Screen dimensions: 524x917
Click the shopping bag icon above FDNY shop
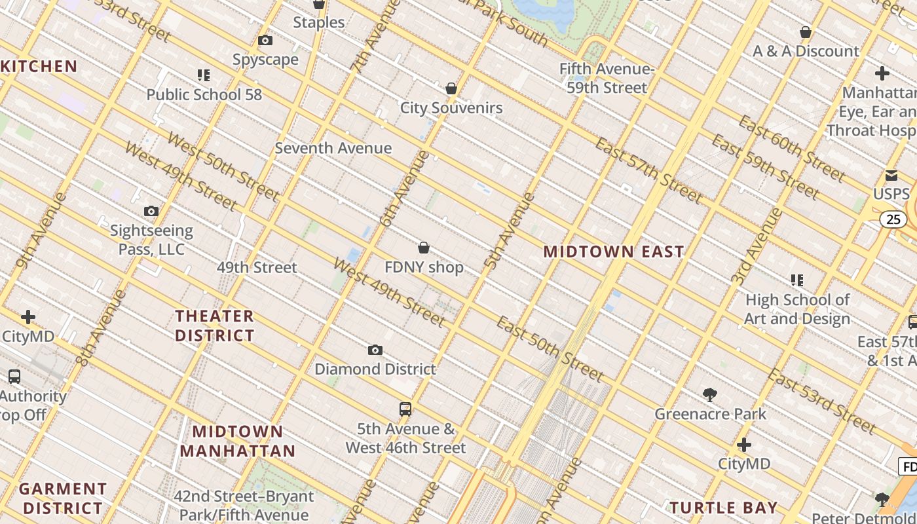click(x=424, y=248)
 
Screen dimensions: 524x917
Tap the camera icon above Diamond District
click(x=375, y=350)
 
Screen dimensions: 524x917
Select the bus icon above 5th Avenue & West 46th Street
click(x=405, y=409)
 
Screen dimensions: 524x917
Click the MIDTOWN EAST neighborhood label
click(x=614, y=252)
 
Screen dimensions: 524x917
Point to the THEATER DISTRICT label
click(x=214, y=326)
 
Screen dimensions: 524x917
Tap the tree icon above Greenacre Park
click(x=710, y=394)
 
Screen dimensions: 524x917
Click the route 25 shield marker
click(x=893, y=219)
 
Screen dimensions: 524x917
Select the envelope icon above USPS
click(x=891, y=175)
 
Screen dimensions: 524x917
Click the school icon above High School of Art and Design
click(x=797, y=280)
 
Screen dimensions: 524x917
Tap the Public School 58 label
click(x=204, y=94)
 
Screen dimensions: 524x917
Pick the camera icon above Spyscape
click(x=265, y=41)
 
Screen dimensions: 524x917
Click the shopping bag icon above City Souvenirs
click(x=451, y=88)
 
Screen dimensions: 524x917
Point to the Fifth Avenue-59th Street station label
click(x=607, y=78)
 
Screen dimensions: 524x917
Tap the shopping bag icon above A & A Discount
click(x=806, y=32)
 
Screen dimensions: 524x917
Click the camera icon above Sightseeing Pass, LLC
click(x=151, y=211)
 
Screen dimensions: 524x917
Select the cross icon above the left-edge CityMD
click(x=28, y=318)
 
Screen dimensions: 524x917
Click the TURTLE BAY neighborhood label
click(x=723, y=508)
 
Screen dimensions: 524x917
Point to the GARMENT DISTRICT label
click(x=63, y=498)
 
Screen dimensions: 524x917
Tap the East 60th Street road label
click(x=791, y=149)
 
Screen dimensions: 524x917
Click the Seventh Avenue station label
click(x=333, y=148)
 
